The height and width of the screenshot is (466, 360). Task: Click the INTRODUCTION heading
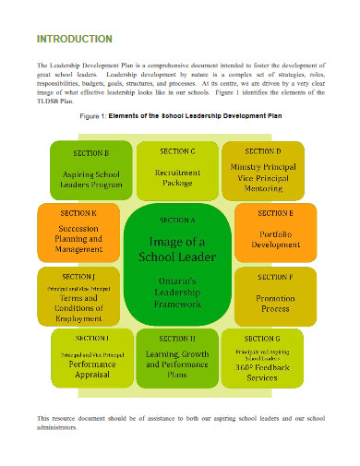pos(74,39)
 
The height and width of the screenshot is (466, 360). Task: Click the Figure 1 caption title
pos(180,118)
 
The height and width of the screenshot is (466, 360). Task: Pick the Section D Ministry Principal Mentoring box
pos(263,168)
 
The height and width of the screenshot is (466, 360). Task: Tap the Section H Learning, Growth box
pos(177,359)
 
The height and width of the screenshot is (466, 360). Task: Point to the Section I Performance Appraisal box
pos(89,359)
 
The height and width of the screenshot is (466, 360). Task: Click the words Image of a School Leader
pos(177,249)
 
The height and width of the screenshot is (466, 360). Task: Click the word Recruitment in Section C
pos(177,173)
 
